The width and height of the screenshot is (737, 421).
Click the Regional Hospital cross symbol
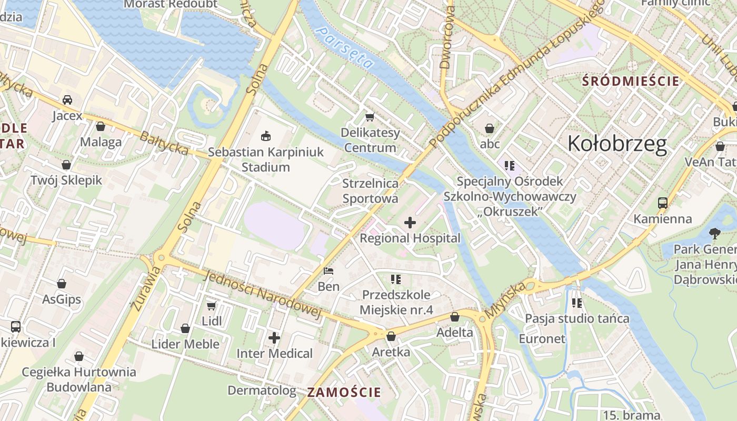(x=410, y=223)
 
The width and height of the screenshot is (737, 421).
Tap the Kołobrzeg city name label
(x=617, y=143)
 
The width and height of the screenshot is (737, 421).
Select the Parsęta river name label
(x=345, y=48)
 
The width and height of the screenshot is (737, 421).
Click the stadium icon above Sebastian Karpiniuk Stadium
(x=266, y=136)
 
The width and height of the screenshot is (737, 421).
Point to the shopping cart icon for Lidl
(x=211, y=306)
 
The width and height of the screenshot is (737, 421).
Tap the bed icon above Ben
(x=328, y=272)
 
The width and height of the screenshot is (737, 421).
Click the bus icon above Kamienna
(x=662, y=203)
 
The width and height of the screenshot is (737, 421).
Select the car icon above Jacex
(x=67, y=100)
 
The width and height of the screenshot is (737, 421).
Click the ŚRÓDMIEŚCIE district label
(x=631, y=82)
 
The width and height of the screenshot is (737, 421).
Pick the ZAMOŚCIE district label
(x=344, y=392)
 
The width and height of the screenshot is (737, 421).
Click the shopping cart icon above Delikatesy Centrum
(x=370, y=117)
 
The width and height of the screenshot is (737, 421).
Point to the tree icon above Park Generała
(x=714, y=233)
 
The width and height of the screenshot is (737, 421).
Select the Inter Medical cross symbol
(x=274, y=338)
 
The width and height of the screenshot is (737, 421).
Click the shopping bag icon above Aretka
(x=391, y=336)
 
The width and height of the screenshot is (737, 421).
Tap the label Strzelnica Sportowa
(x=370, y=191)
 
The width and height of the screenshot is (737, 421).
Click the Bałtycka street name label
(x=164, y=144)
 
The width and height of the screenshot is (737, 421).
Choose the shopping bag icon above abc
(x=490, y=128)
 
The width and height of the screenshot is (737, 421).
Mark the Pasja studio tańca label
(x=577, y=318)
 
